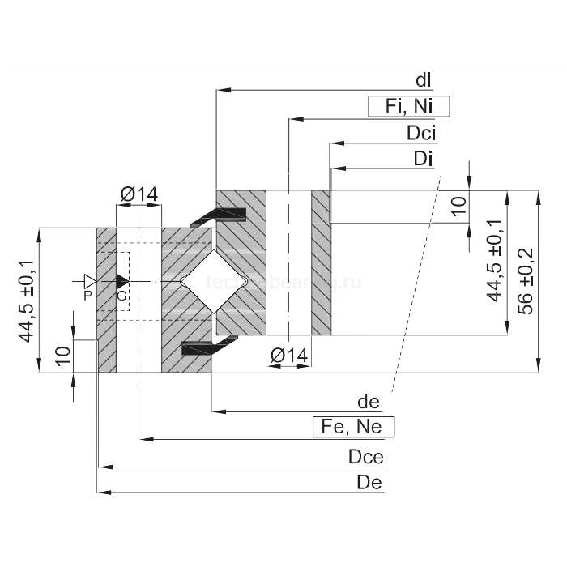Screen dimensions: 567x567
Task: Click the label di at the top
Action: pyautogui.click(x=423, y=79)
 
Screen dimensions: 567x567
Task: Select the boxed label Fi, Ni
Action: pyautogui.click(x=408, y=106)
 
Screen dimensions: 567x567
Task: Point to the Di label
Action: pyautogui.click(x=423, y=159)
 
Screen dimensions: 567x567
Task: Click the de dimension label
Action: pyautogui.click(x=369, y=402)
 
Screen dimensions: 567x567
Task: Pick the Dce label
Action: pyautogui.click(x=365, y=457)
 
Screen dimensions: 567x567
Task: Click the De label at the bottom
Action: pyautogui.click(x=369, y=483)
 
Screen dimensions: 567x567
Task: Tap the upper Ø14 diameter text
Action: pyautogui.click(x=139, y=194)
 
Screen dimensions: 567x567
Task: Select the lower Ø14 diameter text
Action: pyautogui.click(x=288, y=355)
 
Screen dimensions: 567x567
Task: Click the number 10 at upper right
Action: pyautogui.click(x=459, y=206)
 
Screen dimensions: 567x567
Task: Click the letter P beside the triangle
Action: pyautogui.click(x=87, y=296)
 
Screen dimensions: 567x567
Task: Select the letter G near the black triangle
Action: pyautogui.click(x=121, y=296)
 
